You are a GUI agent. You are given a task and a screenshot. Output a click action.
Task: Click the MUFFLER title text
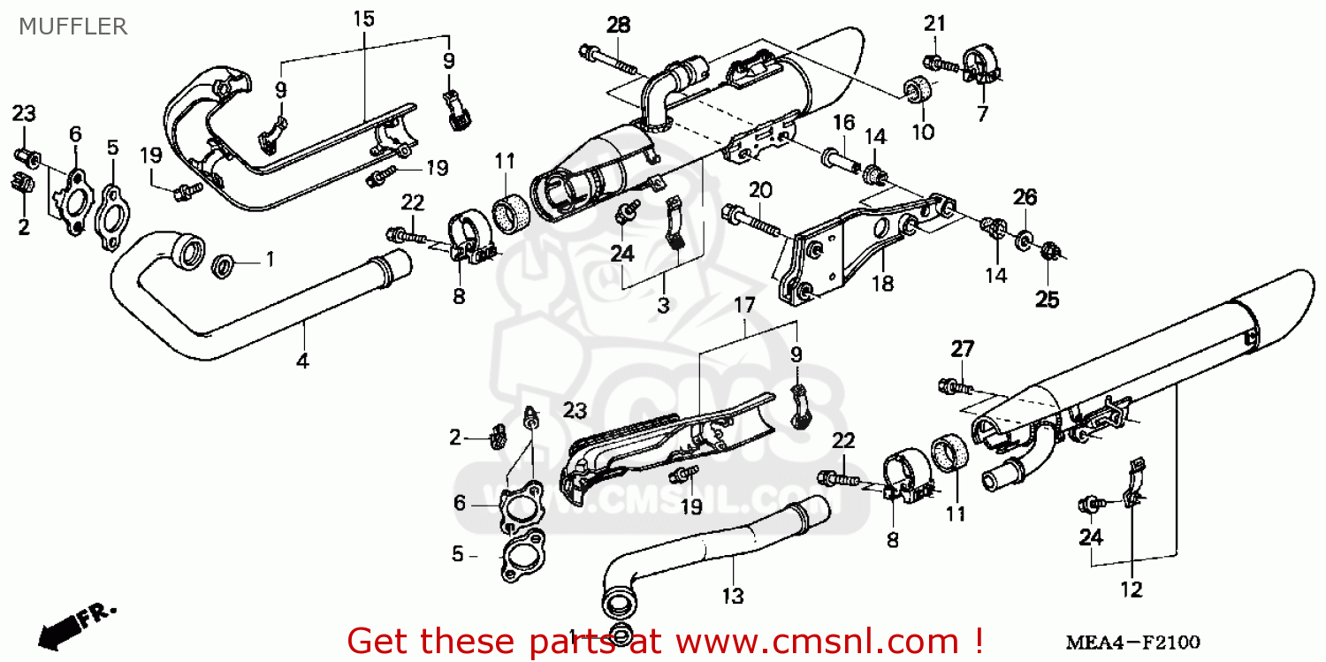coord(72,26)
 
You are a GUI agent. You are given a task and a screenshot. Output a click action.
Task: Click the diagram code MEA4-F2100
coord(1133,642)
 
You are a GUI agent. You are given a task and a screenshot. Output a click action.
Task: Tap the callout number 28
coord(619,25)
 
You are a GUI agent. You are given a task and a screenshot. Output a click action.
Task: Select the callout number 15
coord(364,19)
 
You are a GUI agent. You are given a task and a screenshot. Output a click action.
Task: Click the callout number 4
coord(302,361)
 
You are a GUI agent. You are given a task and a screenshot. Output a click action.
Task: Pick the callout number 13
coord(733,596)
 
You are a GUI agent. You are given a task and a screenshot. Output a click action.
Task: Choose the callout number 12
coord(1132,590)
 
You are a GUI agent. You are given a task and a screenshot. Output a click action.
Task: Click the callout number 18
coord(882,284)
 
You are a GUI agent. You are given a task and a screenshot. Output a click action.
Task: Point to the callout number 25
coord(1047,300)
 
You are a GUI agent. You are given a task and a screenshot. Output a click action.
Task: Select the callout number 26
coord(1025,196)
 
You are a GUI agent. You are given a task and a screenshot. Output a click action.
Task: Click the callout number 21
coord(934,24)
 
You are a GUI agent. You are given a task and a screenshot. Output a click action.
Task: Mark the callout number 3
coord(663,305)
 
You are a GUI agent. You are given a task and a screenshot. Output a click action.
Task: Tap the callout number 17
coord(744,305)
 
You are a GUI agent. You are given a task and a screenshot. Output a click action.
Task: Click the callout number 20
coord(760,190)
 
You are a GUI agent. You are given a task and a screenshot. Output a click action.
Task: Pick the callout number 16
coord(844,123)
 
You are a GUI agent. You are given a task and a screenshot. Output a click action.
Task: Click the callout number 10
coord(923,132)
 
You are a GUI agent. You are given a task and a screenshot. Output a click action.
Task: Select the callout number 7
coord(983,113)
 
